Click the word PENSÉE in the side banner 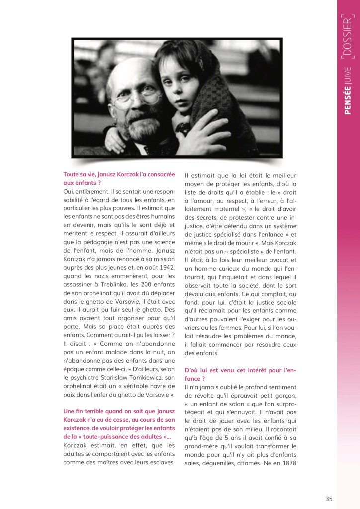347,105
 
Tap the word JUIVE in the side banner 347,79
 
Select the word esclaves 160,462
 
